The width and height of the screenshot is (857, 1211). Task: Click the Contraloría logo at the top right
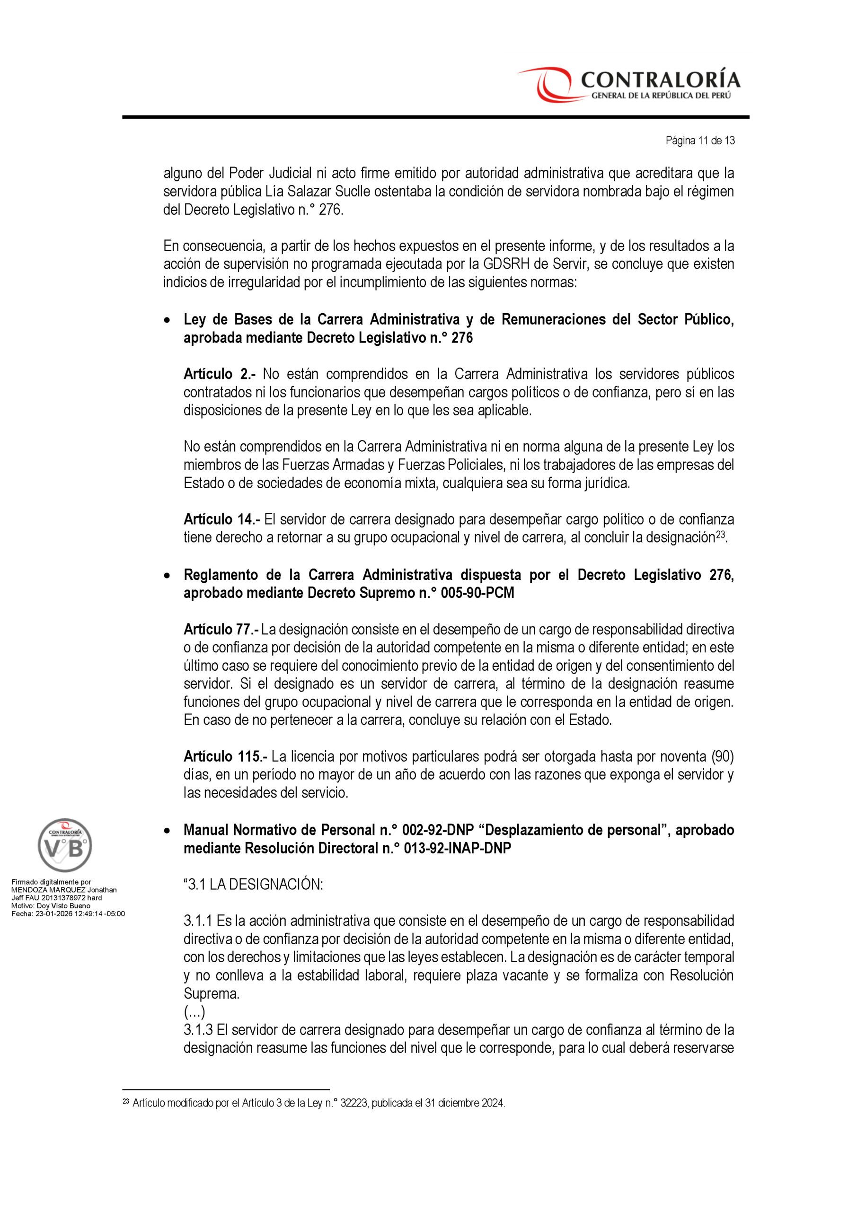click(x=628, y=84)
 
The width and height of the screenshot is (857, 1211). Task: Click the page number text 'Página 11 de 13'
click(x=700, y=141)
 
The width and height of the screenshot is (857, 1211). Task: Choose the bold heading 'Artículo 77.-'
click(x=221, y=629)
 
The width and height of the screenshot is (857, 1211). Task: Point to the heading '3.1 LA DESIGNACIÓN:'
click(x=253, y=885)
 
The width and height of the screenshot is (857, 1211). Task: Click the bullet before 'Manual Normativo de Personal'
click(x=168, y=831)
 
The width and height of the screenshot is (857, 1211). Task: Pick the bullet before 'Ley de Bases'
click(x=168, y=320)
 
